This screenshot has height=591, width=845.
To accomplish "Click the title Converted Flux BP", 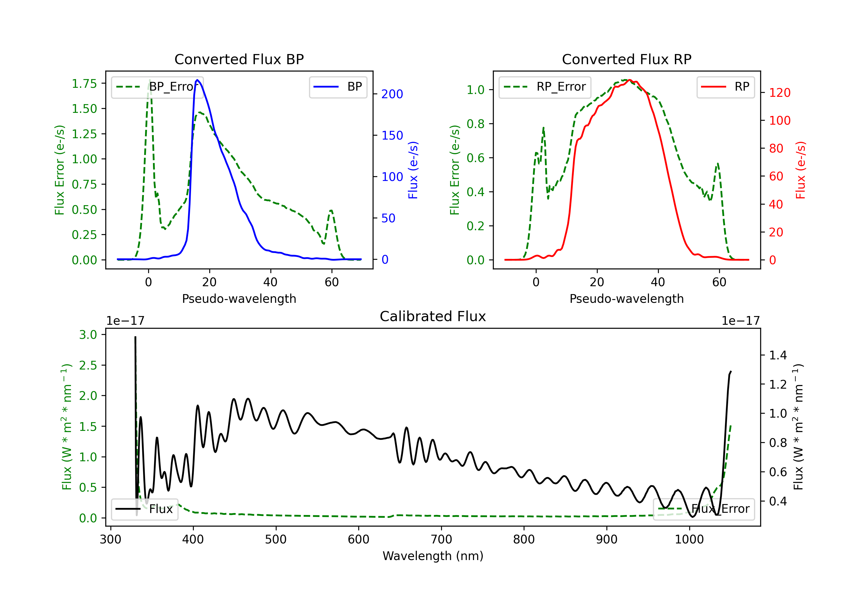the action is pyautogui.click(x=239, y=59).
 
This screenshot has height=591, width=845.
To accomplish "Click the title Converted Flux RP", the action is pyautogui.click(x=627, y=59).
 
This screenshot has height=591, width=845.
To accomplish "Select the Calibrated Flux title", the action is pyautogui.click(x=433, y=316).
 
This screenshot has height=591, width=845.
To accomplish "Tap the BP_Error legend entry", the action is pyautogui.click(x=157, y=87).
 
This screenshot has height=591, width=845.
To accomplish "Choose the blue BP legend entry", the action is pyautogui.click(x=338, y=87).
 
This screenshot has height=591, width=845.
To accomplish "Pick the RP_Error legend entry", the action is pyautogui.click(x=545, y=87).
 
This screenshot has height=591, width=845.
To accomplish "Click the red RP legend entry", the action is pyautogui.click(x=725, y=87).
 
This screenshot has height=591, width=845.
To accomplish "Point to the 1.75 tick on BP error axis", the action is pyautogui.click(x=84, y=84).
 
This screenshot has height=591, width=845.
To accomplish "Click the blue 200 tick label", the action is pyautogui.click(x=392, y=94).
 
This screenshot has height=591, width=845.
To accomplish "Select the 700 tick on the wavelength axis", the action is pyautogui.click(x=441, y=539).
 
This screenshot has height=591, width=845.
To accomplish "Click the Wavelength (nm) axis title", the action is pyautogui.click(x=433, y=556).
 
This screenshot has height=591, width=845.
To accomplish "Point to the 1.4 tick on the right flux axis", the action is pyautogui.click(x=778, y=355).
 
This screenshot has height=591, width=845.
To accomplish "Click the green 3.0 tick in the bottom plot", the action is pyautogui.click(x=88, y=335).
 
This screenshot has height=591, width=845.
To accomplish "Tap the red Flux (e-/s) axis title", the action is pyautogui.click(x=800, y=170).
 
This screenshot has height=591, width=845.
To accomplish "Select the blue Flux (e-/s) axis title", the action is pyautogui.click(x=413, y=170).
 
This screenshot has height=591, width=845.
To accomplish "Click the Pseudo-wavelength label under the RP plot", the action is pyautogui.click(x=627, y=299).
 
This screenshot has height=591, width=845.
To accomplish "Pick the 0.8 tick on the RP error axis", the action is pyautogui.click(x=475, y=124).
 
